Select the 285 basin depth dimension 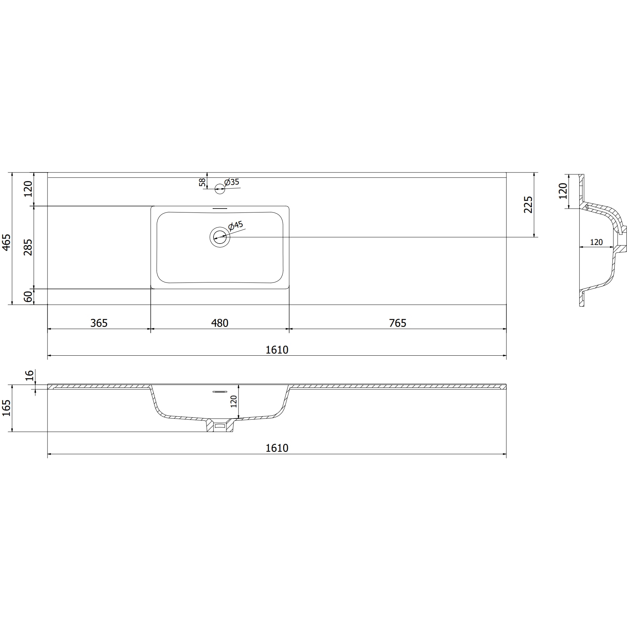tap(28, 247)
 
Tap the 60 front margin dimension tap(28, 296)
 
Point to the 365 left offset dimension tap(99, 323)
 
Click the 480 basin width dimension tap(220, 323)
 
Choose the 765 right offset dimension tap(398, 323)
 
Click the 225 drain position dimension tap(528, 205)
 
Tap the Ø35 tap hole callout tap(232, 182)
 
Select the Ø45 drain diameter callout tap(236, 226)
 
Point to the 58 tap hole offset tap(202, 182)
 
